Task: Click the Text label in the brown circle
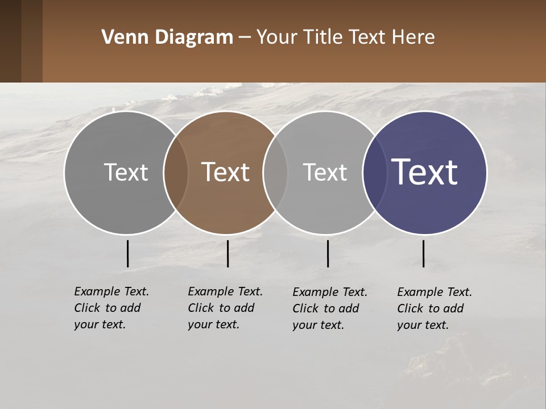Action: click(x=226, y=172)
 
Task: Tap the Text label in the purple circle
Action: click(x=425, y=172)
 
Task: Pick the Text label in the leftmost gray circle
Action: click(x=126, y=172)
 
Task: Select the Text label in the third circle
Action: click(x=325, y=172)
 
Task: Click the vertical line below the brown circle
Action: click(x=227, y=253)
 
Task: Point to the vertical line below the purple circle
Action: click(x=423, y=253)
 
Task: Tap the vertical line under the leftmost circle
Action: click(x=127, y=253)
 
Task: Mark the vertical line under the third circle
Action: click(x=328, y=253)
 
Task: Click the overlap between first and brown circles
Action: click(x=176, y=172)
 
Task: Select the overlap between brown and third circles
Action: click(x=275, y=172)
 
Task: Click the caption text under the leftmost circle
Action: click(x=111, y=308)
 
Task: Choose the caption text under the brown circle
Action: click(x=225, y=308)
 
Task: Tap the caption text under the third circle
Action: click(x=329, y=308)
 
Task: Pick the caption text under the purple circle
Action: click(x=434, y=308)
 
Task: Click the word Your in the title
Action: click(x=278, y=37)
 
